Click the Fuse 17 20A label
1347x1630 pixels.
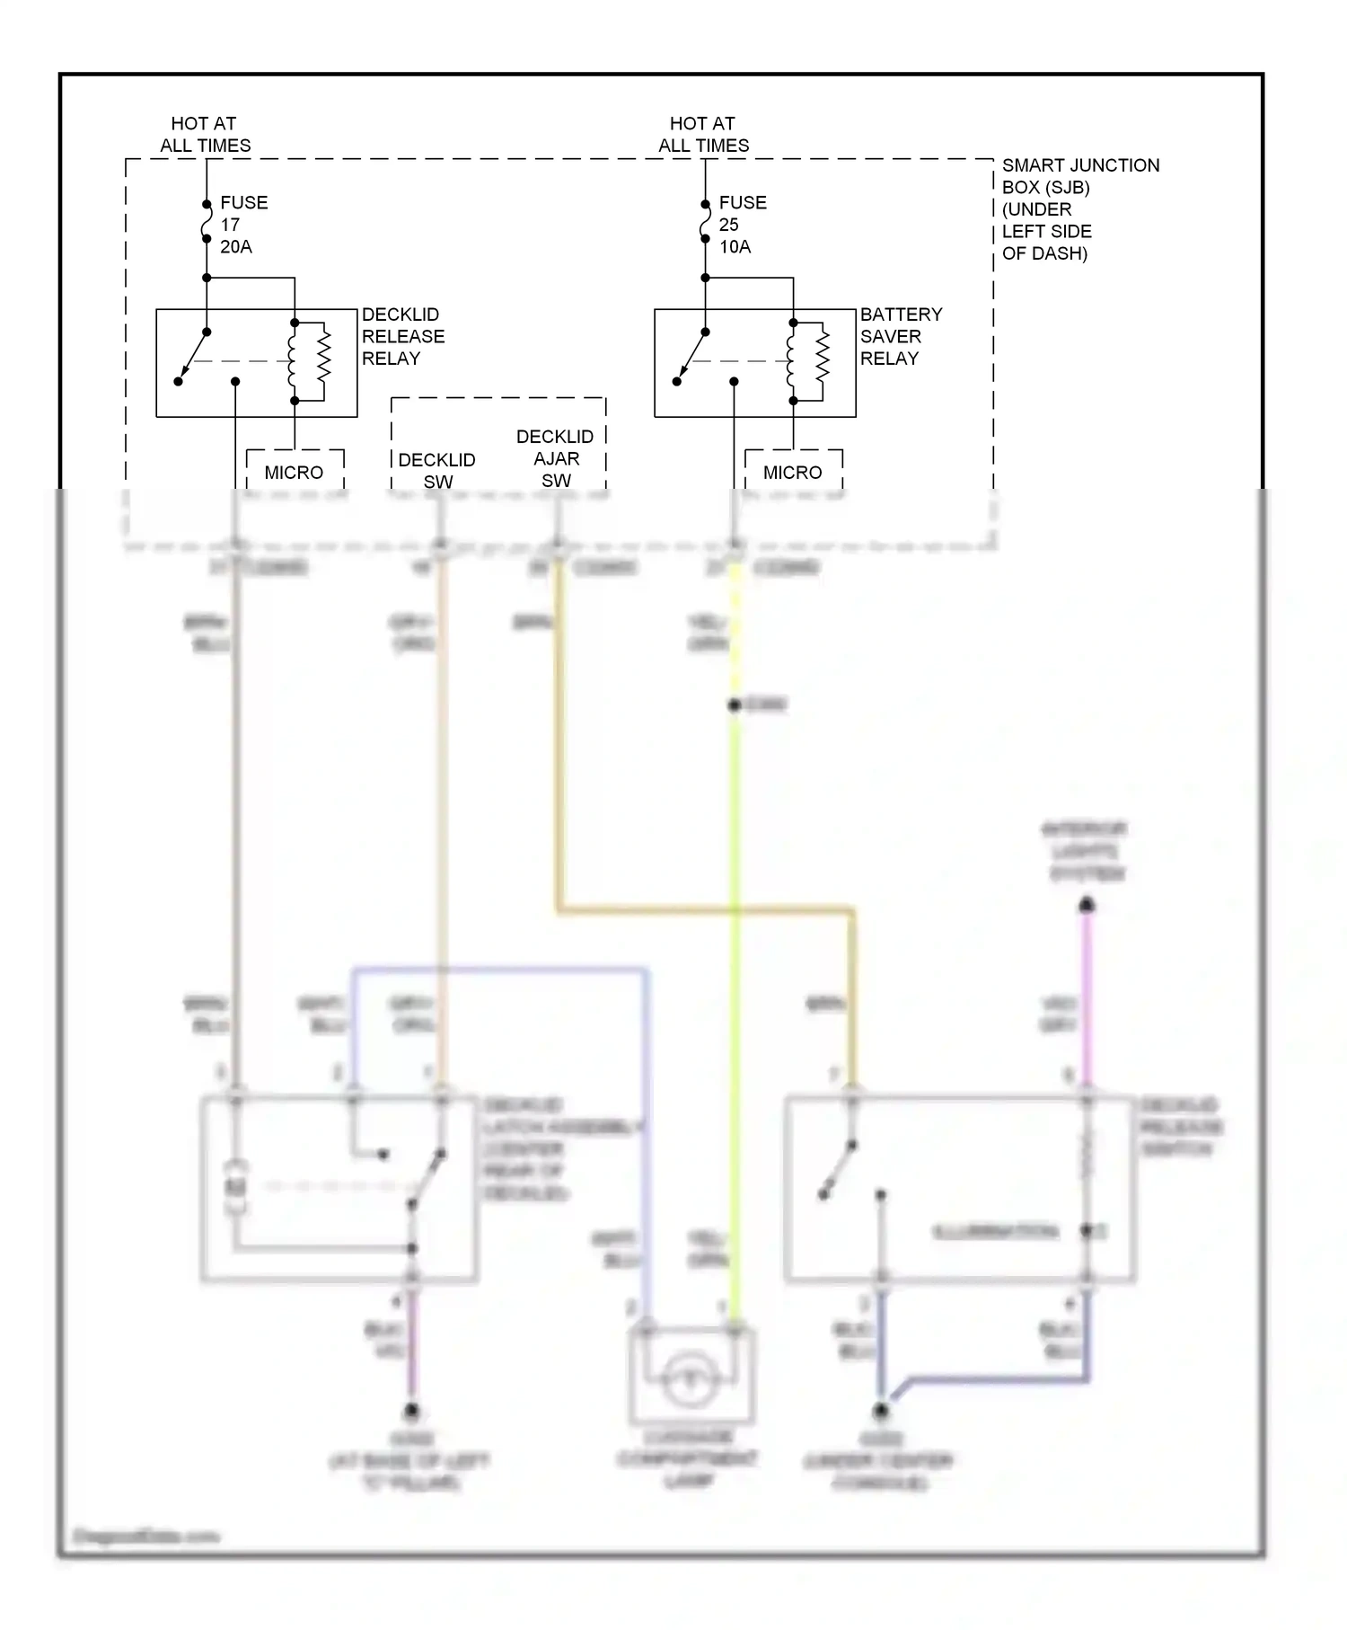tap(242, 225)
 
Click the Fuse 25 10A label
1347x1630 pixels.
tap(742, 225)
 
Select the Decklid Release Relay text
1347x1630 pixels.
tap(402, 336)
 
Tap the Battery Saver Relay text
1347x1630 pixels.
tap(901, 336)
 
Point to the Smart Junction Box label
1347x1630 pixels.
tap(1079, 208)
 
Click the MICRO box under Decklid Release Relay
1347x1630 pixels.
tap(294, 472)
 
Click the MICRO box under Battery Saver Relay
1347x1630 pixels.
tap(793, 472)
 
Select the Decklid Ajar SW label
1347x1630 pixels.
tap(555, 458)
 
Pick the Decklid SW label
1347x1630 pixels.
tap(436, 470)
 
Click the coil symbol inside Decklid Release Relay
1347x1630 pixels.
tap(292, 361)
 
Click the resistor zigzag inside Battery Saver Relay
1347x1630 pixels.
tap(822, 361)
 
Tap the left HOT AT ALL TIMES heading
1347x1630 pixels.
tap(205, 134)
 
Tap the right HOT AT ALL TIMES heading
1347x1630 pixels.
tap(703, 134)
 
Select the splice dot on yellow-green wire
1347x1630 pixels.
tap(735, 705)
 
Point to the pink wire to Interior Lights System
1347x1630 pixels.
tap(1087, 997)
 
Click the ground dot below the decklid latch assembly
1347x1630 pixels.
tap(411, 1412)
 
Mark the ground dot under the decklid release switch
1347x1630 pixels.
tap(881, 1412)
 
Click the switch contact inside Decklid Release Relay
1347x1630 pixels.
tap(193, 356)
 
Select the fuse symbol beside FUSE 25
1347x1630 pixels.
tap(705, 222)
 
